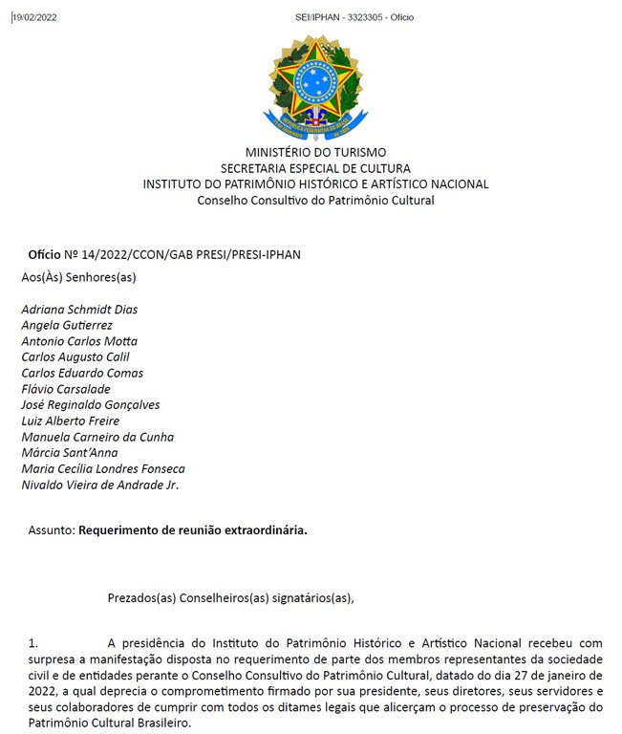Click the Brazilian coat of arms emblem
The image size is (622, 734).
tap(314, 85)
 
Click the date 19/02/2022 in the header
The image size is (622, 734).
tap(35, 17)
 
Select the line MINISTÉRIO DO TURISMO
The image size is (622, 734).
tap(315, 152)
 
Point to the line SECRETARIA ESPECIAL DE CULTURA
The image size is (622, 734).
tap(315, 168)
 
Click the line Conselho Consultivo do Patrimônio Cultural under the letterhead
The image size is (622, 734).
tap(315, 201)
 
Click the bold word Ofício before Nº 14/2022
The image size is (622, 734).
tap(44, 254)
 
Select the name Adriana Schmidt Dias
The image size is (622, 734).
tap(79, 310)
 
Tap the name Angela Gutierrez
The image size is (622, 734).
tap(67, 326)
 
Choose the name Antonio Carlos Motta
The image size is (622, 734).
tap(79, 341)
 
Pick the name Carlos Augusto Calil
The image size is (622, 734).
tap(75, 357)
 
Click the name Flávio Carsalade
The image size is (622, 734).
tap(66, 389)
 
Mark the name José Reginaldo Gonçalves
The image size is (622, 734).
tap(91, 405)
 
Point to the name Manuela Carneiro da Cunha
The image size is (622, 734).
tap(97, 437)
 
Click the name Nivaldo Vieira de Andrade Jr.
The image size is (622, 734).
tap(100, 485)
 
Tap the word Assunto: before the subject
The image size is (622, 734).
tap(52, 529)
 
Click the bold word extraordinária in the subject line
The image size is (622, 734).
tap(265, 529)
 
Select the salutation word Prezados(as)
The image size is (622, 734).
tap(142, 599)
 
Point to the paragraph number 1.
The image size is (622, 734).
tap(32, 643)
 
